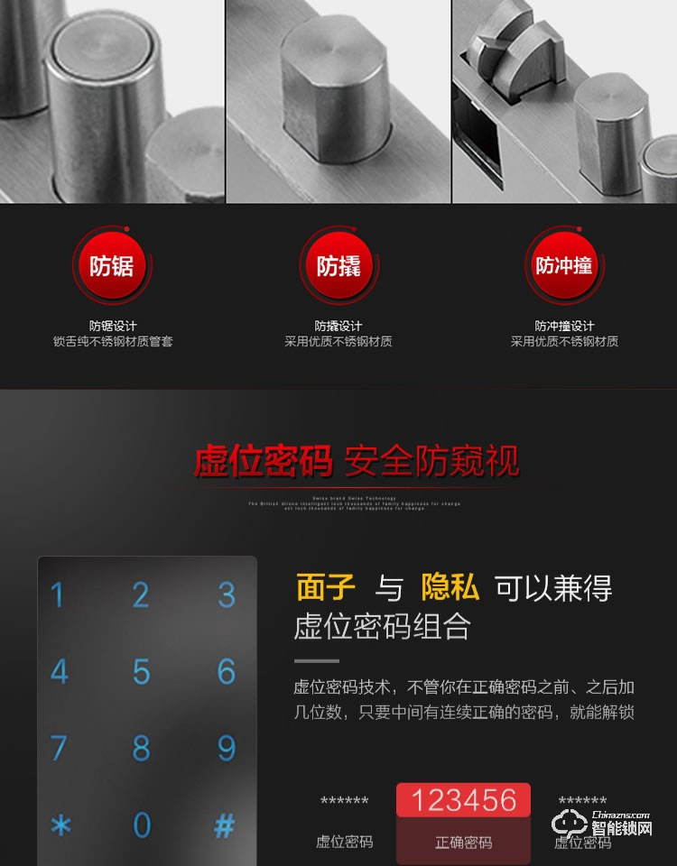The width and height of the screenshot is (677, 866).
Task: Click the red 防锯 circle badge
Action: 112,266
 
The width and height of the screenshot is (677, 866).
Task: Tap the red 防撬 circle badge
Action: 338,266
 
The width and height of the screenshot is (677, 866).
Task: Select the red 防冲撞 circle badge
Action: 564,266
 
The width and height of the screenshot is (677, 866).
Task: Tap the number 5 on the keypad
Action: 142,672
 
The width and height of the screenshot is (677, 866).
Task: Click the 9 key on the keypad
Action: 226,748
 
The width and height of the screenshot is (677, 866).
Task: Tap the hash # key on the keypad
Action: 225,825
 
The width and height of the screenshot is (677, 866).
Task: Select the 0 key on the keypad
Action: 142,825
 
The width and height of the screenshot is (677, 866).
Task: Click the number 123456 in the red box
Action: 463,800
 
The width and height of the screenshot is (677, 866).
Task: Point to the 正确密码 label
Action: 463,843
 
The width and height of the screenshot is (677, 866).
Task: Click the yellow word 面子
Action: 326,587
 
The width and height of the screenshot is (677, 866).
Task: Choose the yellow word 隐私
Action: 450,587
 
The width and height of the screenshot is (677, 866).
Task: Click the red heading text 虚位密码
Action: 263,461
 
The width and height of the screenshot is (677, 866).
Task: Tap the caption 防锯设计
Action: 112,326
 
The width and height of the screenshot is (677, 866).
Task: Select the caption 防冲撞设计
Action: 564,326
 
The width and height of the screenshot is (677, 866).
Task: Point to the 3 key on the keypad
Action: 226,595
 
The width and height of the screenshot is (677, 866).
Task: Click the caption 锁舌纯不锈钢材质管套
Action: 112,342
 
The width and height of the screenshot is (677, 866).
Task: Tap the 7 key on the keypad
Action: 59,748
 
